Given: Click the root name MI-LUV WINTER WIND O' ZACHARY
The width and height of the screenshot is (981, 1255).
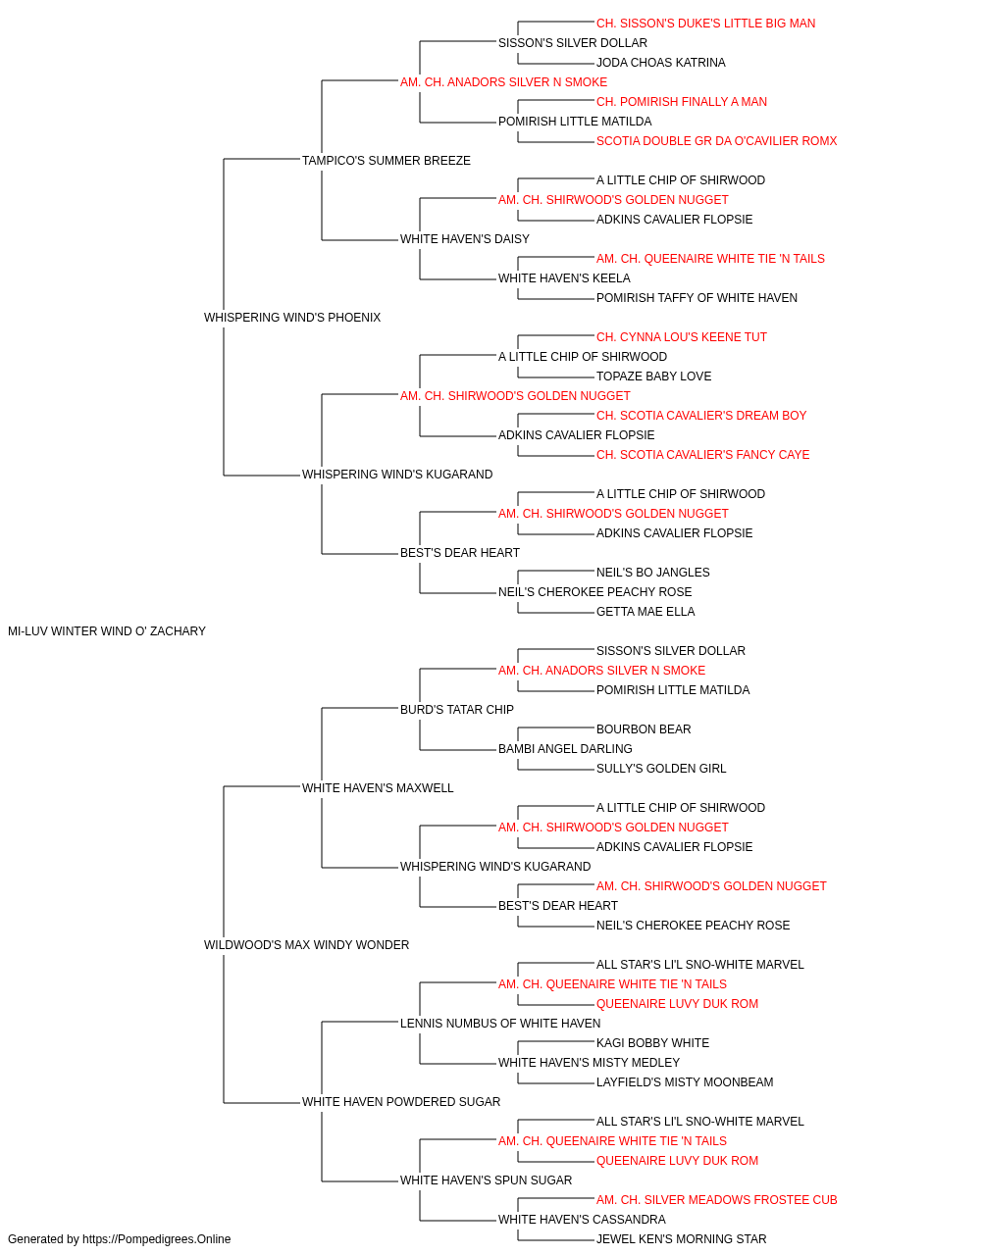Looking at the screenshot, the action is click(107, 631).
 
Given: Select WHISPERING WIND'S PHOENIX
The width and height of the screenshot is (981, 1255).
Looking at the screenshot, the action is click(292, 318).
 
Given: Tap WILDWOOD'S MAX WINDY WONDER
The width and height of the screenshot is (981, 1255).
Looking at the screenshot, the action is click(306, 945).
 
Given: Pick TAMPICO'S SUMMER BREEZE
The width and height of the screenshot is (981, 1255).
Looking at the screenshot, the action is click(386, 161).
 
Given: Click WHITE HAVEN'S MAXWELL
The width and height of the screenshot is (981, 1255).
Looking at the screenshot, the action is click(378, 787).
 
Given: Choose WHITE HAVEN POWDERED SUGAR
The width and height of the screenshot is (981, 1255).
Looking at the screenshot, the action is click(401, 1101).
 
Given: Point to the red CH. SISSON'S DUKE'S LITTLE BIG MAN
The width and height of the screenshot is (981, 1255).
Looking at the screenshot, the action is click(705, 24).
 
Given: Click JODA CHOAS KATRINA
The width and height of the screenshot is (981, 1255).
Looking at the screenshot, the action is click(661, 63).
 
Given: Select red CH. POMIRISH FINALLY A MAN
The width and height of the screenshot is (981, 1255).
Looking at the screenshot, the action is click(682, 102).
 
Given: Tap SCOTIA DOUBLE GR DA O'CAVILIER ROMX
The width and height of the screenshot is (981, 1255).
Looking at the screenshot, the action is click(716, 141).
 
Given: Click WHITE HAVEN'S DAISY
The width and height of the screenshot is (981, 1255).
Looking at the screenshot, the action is click(464, 239).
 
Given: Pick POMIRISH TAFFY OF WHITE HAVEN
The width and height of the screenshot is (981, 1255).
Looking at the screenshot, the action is click(697, 298).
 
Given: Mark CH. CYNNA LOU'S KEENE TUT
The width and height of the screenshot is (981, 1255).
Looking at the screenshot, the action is click(682, 337).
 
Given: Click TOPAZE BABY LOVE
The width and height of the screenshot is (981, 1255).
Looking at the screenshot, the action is click(653, 376).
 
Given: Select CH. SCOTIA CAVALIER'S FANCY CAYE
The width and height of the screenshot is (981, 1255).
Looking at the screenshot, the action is click(702, 455).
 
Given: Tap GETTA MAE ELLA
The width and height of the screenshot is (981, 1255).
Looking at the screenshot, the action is click(645, 612).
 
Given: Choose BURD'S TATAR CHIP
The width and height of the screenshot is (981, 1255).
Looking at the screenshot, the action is click(457, 709).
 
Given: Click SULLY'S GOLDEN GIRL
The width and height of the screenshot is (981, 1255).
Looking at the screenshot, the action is click(661, 768).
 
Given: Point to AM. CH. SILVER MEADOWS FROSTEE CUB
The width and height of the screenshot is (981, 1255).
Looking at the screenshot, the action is click(716, 1199).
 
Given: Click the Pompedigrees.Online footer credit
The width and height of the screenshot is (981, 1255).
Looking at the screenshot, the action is click(119, 1239).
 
